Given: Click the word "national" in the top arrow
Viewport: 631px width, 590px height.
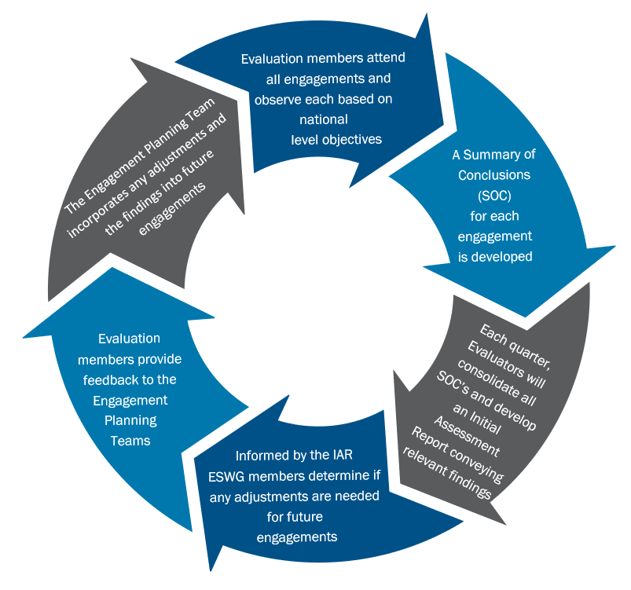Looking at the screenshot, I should click(324, 120).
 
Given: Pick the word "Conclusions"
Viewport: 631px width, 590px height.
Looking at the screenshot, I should click(495, 174).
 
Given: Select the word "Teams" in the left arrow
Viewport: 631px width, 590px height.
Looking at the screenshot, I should click(130, 441).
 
